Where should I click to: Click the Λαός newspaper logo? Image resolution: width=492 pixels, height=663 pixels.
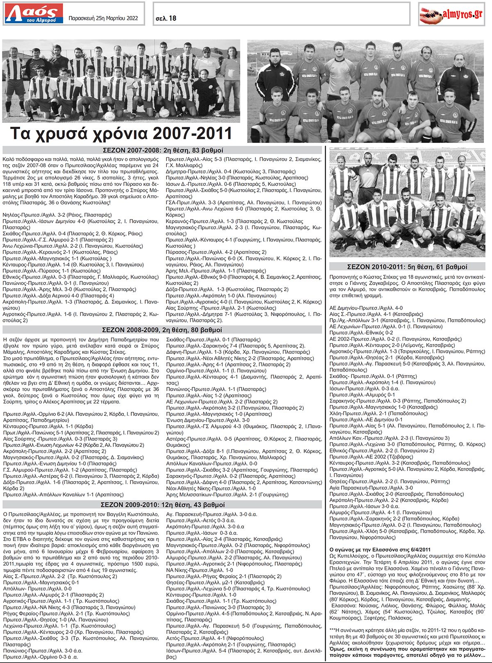(34, 14)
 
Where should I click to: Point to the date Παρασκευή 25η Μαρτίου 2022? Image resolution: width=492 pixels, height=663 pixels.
(103, 18)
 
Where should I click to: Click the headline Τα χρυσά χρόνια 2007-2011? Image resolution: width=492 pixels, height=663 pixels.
(121, 134)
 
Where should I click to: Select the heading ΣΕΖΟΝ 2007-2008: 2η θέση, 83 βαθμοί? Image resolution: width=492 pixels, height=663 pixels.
(162, 150)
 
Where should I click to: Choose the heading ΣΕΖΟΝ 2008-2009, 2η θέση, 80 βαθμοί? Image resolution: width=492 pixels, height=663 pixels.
(162, 330)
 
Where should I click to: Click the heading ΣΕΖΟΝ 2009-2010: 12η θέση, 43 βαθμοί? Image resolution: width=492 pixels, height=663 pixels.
(162, 505)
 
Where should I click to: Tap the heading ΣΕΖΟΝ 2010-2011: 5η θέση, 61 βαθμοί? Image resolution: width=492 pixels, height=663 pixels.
(407, 267)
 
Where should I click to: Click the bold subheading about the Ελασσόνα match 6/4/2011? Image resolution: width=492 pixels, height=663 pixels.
(380, 550)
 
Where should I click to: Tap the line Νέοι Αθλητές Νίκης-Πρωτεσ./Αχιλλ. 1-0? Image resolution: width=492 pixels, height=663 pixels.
(211, 489)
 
